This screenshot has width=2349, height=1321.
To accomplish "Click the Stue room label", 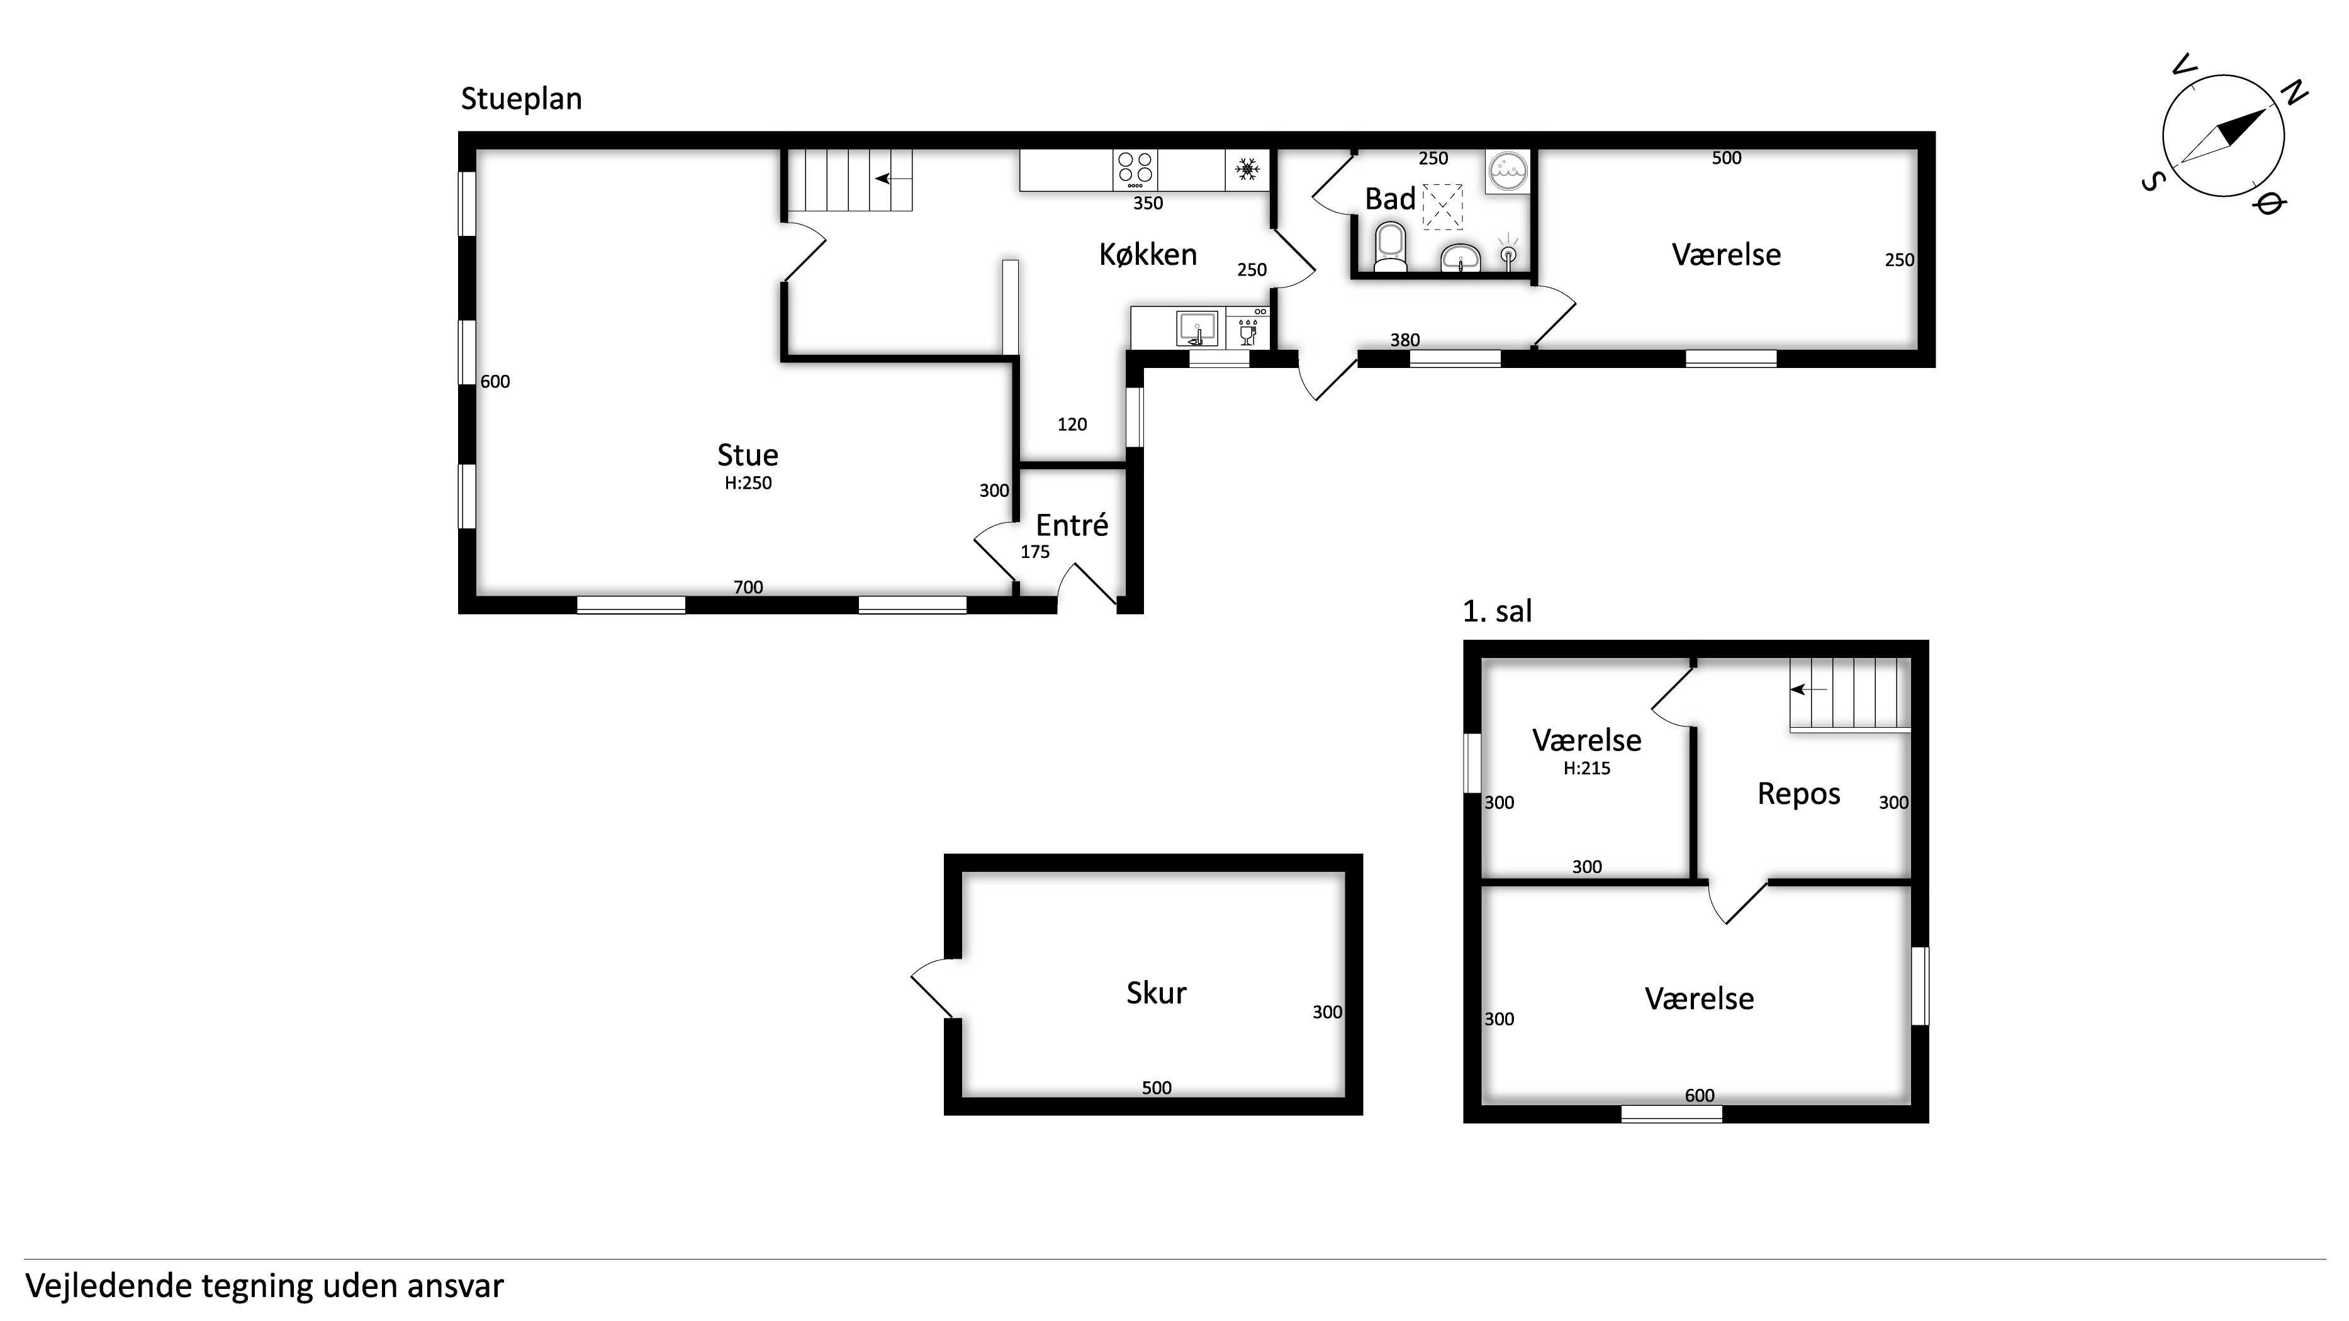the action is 748,455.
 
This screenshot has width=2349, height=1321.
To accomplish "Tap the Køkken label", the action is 1147,254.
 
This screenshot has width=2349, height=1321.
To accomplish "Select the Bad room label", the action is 1389,199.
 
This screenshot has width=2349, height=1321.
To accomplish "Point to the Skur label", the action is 1157,993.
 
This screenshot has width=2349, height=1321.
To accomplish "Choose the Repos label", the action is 1798,794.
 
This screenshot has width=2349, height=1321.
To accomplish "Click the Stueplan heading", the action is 520,99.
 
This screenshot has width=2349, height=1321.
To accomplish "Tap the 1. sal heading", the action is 1497,611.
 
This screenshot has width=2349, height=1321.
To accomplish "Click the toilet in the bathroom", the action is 1391,249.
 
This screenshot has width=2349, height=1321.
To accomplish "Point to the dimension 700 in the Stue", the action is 748,587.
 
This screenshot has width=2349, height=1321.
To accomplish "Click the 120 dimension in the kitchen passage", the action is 1072,424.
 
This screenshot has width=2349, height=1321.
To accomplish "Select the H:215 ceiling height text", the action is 1587,769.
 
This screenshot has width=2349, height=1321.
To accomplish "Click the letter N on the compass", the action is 2294,93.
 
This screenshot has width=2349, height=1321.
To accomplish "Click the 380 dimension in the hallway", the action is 1404,340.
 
